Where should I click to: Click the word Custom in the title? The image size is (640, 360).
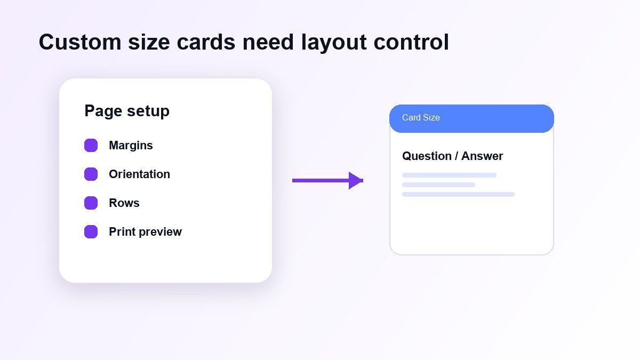click(x=80, y=42)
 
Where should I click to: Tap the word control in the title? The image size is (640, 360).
click(x=411, y=42)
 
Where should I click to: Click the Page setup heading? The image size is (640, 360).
click(x=127, y=111)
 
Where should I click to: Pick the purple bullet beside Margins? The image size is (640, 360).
click(x=91, y=146)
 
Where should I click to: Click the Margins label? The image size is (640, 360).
click(x=131, y=146)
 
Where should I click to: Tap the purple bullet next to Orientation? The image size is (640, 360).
click(x=91, y=174)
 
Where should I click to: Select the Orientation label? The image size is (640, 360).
click(x=139, y=174)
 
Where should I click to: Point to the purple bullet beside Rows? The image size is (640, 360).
click(x=91, y=203)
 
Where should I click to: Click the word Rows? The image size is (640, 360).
click(x=124, y=203)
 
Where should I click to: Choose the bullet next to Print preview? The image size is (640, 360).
click(x=91, y=231)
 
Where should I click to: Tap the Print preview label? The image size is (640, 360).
click(x=145, y=232)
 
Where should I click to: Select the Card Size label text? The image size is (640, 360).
click(x=421, y=117)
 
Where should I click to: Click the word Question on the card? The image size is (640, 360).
click(x=427, y=156)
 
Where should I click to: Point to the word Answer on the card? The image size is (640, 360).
click(x=482, y=156)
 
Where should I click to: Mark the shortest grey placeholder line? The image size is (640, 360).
click(x=438, y=185)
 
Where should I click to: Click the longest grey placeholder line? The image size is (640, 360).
click(x=458, y=195)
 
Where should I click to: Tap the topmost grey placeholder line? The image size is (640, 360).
click(x=449, y=175)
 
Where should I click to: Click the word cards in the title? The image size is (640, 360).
click(x=206, y=42)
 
